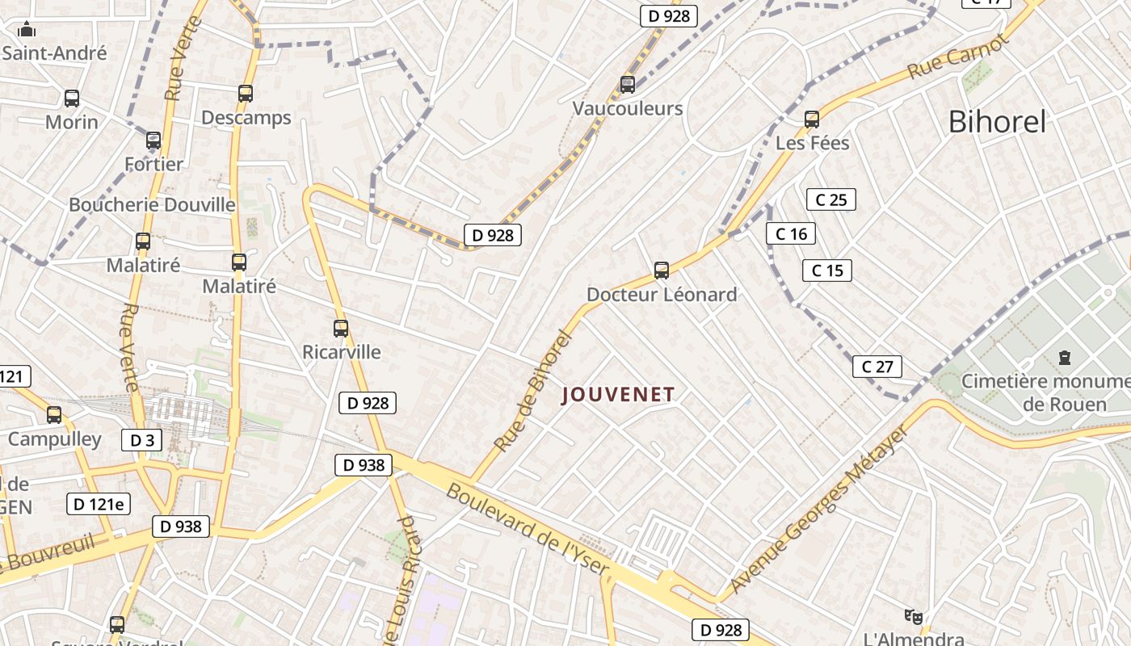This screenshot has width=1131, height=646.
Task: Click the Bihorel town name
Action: pos(997,122)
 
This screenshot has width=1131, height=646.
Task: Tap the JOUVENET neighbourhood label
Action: pos(618,394)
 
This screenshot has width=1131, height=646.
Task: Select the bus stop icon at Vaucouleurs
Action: pos(628,84)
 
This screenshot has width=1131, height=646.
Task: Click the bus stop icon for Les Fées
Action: pos(812,120)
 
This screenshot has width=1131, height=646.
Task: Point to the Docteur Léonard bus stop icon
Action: pos(662,271)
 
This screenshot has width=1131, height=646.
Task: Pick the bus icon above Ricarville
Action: pos(341,329)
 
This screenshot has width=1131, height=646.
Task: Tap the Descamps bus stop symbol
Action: pos(246,94)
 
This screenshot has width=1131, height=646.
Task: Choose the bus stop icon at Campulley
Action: pos(54,415)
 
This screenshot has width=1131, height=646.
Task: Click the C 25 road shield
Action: pos(830,199)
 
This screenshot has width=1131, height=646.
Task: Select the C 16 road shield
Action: pos(791,234)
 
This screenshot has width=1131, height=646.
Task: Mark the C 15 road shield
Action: pos(827,271)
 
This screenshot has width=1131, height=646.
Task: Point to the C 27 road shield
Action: pos(877,367)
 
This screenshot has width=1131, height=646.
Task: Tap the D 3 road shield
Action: pos(142,440)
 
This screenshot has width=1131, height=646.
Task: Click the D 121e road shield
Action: pos(99,504)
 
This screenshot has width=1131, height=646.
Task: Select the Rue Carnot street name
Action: pos(958,57)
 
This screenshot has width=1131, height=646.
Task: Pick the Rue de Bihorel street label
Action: pos(532,391)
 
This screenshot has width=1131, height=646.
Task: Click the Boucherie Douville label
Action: pos(152,204)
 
